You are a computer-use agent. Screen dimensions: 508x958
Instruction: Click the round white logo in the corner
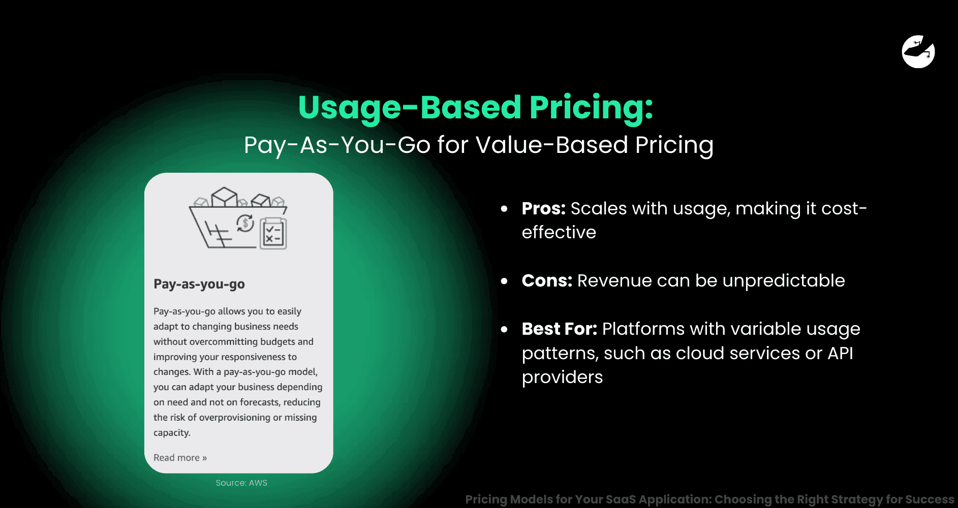click(x=918, y=51)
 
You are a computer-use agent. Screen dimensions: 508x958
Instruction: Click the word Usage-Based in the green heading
click(x=409, y=107)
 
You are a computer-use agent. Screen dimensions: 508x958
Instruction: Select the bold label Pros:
click(x=543, y=209)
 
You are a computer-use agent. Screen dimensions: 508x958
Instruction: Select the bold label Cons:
click(x=547, y=281)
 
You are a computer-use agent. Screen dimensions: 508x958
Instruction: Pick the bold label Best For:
click(x=559, y=329)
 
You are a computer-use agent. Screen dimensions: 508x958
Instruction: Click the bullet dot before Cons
click(x=504, y=281)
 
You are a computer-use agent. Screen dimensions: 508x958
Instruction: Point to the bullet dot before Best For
click(x=504, y=330)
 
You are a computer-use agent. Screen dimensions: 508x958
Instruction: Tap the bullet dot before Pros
click(x=504, y=209)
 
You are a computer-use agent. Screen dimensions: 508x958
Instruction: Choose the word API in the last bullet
click(x=840, y=353)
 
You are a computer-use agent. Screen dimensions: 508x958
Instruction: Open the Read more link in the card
click(x=180, y=458)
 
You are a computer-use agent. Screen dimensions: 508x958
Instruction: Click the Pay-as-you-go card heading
click(x=199, y=284)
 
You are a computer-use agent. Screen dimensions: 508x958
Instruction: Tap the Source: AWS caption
click(x=241, y=483)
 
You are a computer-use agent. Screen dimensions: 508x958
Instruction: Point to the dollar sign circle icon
click(x=245, y=223)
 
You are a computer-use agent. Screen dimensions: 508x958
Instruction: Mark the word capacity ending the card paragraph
click(x=172, y=433)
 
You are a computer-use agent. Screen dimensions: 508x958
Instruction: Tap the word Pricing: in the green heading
click(x=591, y=107)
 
